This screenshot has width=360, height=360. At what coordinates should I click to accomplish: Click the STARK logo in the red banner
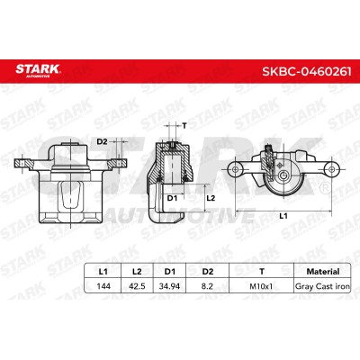tap(38, 70)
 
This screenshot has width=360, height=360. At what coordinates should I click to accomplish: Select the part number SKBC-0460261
tap(307, 72)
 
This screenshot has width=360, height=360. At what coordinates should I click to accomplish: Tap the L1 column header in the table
tap(103, 272)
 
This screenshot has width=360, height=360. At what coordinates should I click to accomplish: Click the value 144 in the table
tap(103, 286)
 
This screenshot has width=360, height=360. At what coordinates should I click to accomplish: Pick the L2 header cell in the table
tap(137, 272)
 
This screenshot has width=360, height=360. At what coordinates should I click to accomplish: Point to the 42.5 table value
tap(137, 286)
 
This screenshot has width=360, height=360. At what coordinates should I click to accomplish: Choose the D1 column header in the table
tap(170, 272)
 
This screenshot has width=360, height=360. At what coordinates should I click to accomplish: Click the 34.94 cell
tap(170, 286)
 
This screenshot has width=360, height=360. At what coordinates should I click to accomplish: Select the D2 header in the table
tap(208, 272)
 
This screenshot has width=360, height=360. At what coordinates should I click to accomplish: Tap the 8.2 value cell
tap(207, 286)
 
